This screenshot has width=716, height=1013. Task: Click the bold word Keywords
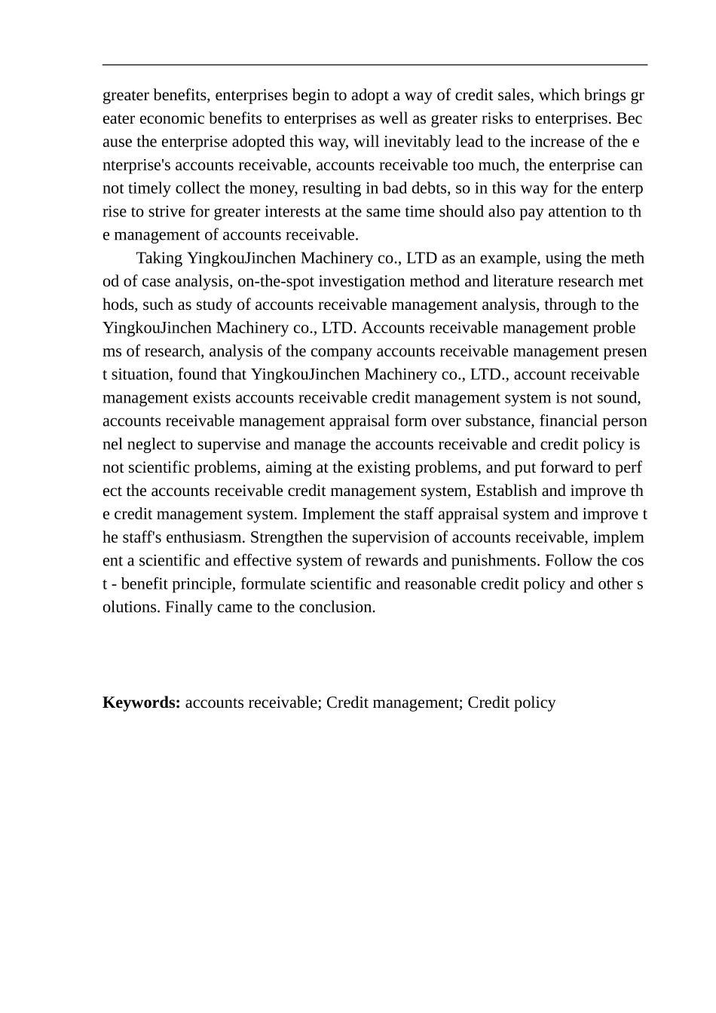(141, 702)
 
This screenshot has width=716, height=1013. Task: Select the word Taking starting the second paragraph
(159, 259)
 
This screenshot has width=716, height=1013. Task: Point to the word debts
(430, 188)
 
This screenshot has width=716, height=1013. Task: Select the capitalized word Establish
(506, 491)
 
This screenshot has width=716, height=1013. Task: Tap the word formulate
(274, 584)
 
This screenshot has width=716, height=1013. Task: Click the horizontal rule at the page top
(375, 66)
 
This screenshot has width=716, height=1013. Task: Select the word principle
(206, 584)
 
